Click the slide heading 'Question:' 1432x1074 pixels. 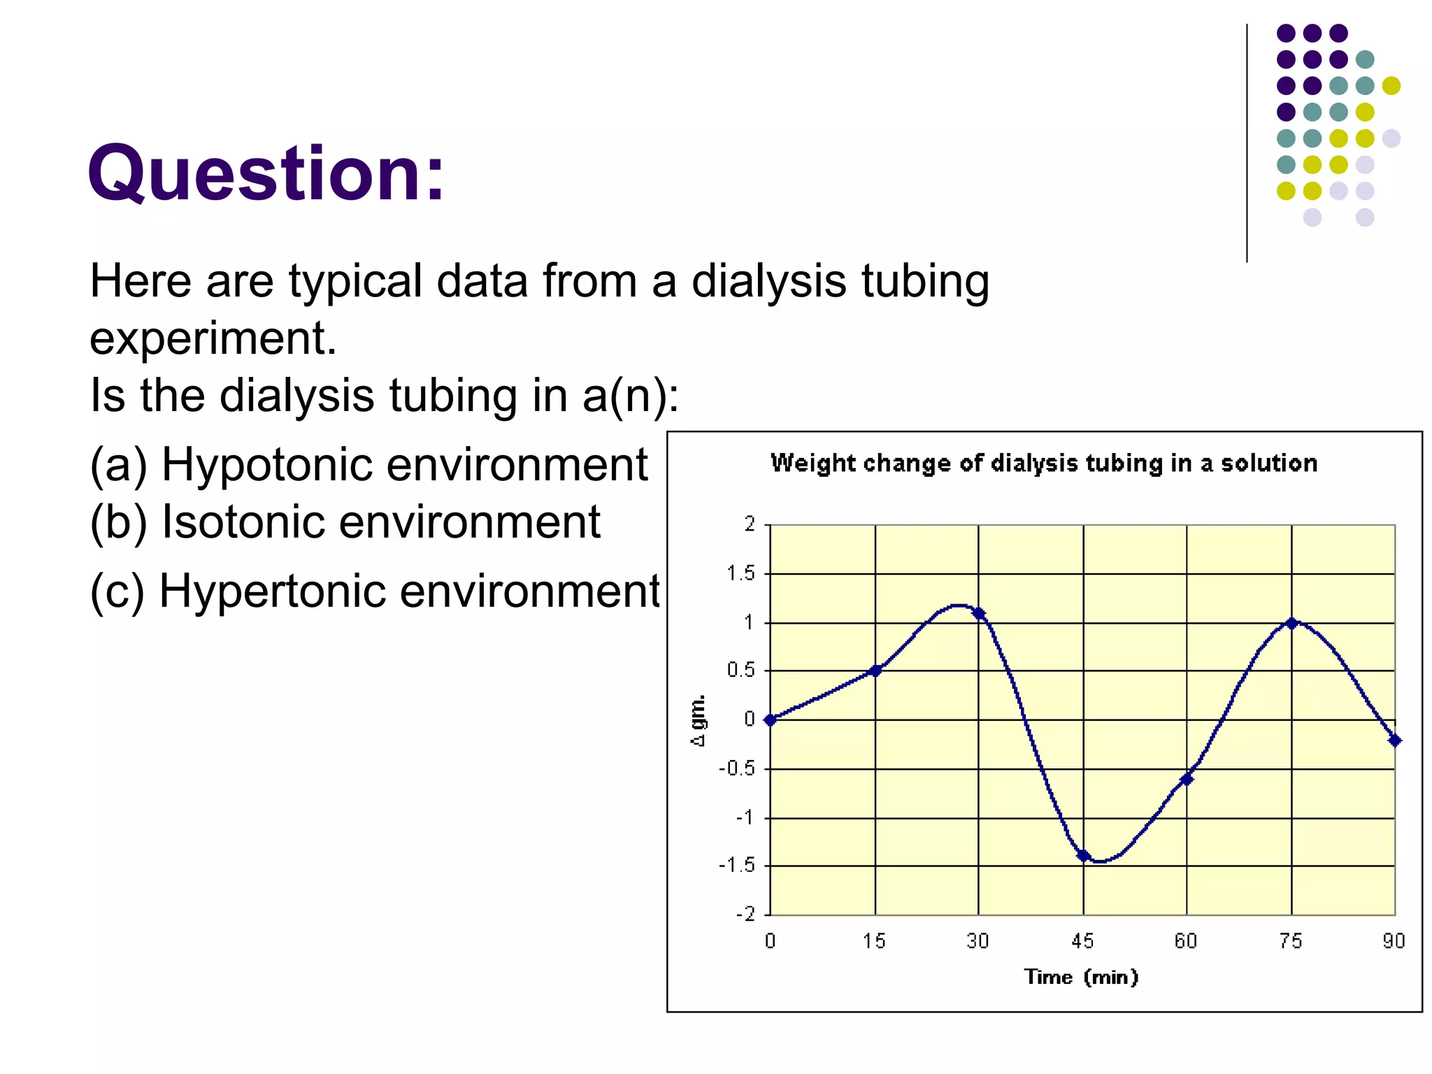(x=266, y=173)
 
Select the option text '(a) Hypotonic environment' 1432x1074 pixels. (x=368, y=464)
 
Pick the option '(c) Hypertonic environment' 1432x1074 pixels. (x=374, y=591)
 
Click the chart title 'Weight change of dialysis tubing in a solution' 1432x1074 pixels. (x=1044, y=463)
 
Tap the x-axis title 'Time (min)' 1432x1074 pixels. (x=1081, y=977)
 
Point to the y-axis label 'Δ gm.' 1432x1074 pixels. (x=699, y=721)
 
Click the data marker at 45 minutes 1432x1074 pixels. (x=1083, y=855)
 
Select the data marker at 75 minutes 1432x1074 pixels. (x=1291, y=622)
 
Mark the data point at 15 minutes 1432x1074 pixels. (x=875, y=671)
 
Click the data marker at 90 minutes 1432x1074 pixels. (x=1395, y=740)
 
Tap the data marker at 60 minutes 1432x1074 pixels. (x=1187, y=779)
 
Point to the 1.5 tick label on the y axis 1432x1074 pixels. (x=741, y=574)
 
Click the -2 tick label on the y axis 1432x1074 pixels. (x=745, y=915)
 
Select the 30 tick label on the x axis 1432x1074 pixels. (x=978, y=941)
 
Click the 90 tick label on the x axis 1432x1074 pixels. (x=1394, y=941)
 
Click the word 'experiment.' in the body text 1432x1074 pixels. (x=213, y=338)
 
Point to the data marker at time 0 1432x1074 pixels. (x=771, y=719)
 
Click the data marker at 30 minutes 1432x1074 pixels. (x=978, y=613)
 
